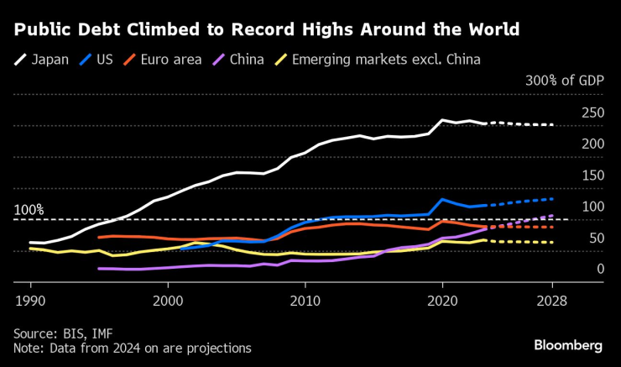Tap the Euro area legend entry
tap(160, 60)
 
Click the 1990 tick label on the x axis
tap(30, 299)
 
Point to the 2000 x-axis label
tap(168, 299)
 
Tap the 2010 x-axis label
tap(305, 299)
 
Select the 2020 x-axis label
tap(442, 299)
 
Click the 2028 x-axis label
tap(552, 299)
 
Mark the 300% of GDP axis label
tap(564, 81)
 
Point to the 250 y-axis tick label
tap(593, 113)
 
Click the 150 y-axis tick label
tap(593, 176)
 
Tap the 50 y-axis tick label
tap(597, 239)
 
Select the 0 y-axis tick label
tap(600, 270)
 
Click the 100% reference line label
tap(29, 209)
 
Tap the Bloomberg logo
tap(568, 345)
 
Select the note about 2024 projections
tap(132, 347)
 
